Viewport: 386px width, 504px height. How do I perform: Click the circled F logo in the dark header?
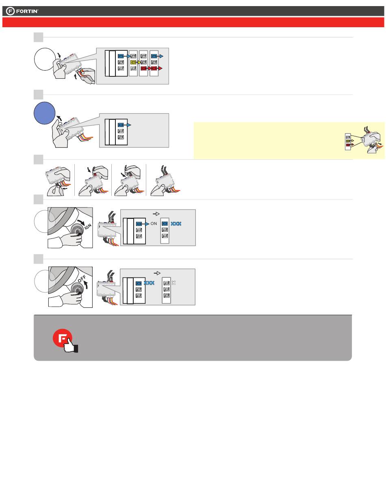[x=10, y=11]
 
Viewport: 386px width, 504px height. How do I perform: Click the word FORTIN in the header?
[x=27, y=11]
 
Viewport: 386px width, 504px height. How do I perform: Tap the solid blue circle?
[x=44, y=113]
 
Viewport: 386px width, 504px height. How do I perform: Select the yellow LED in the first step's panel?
[x=133, y=62]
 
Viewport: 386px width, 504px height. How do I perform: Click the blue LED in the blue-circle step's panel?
[x=121, y=125]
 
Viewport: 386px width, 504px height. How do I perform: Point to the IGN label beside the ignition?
[x=88, y=226]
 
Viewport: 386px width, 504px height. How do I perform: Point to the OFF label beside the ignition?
[x=82, y=279]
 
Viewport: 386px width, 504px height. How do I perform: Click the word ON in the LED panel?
[x=154, y=224]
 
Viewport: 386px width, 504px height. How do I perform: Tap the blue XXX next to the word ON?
[x=176, y=224]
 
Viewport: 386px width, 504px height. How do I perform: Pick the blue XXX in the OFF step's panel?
[x=149, y=283]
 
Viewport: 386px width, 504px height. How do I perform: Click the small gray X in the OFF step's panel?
[x=174, y=283]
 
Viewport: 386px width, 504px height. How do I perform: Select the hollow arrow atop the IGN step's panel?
[x=156, y=214]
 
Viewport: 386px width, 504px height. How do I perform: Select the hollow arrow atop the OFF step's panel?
[x=157, y=273]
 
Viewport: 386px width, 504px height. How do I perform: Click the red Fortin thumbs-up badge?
[x=65, y=340]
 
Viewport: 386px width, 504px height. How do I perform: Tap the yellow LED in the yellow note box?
[x=348, y=141]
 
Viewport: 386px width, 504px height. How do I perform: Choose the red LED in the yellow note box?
[x=348, y=145]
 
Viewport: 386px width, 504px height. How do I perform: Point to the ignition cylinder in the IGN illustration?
[x=77, y=231]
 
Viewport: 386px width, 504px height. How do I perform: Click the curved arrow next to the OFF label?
[x=86, y=285]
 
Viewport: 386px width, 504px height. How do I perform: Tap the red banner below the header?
[x=193, y=22]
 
